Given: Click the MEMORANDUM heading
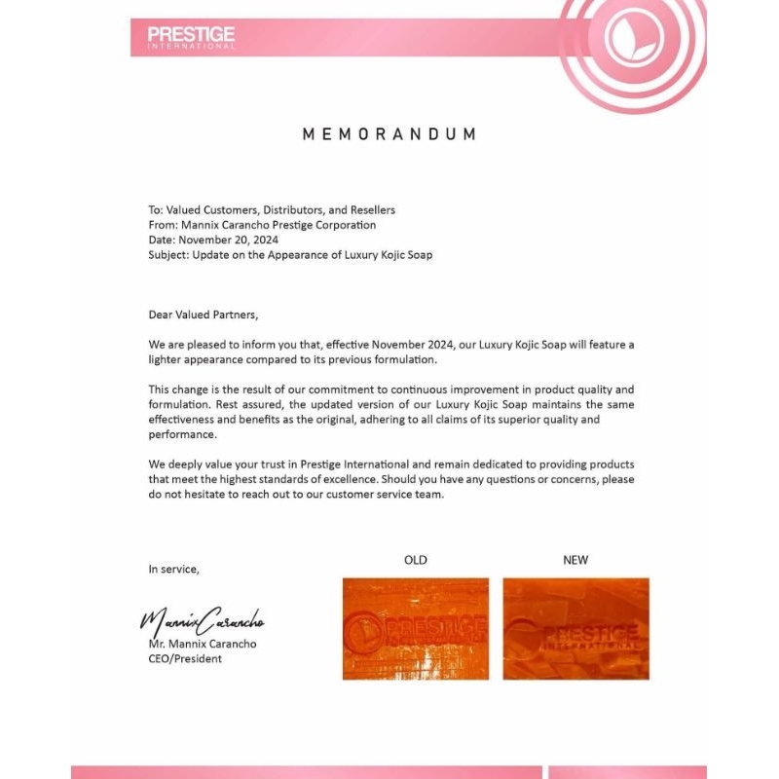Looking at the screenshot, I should coord(389,134).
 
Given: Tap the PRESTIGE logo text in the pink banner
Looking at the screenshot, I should coord(191,36).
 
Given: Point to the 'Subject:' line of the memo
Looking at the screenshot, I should coord(290,255).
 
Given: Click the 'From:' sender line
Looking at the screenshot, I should coord(262,225).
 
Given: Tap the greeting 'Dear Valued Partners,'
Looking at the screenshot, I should coord(204,315).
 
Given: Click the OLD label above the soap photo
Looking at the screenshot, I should coord(416,560).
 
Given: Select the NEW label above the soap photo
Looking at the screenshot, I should coord(575,560).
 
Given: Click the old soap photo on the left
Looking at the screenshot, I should coord(416,628).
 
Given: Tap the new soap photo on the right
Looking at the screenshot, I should coord(575,628).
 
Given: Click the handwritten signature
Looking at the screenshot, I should coord(202,619).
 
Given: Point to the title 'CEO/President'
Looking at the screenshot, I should coord(185,659).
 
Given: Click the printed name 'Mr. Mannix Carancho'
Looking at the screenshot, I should coord(203,644).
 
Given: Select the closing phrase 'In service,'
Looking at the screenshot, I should coord(173,569).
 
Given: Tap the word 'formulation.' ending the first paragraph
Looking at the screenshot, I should coord(369,360).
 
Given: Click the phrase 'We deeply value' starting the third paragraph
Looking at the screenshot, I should coord(191,464).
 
